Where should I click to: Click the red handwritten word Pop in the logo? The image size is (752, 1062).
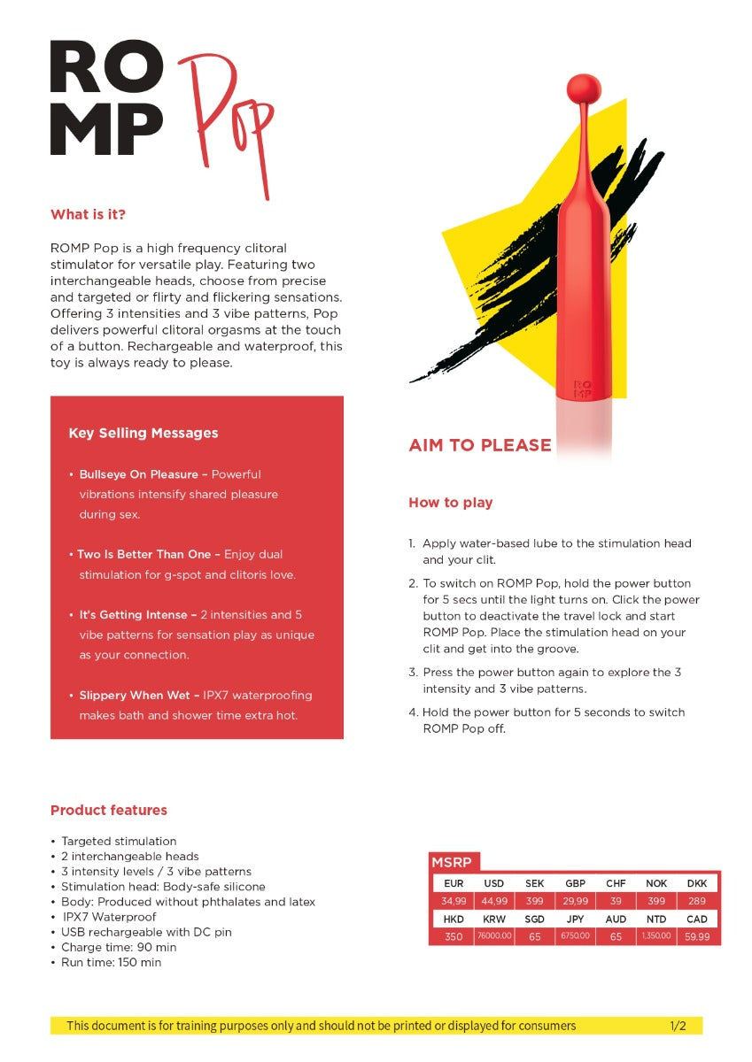pyautogui.click(x=226, y=124)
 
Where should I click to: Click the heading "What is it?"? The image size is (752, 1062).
pyautogui.click(x=88, y=215)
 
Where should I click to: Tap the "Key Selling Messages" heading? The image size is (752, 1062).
pyautogui.click(x=143, y=433)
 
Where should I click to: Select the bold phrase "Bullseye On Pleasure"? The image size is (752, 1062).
pyautogui.click(x=138, y=474)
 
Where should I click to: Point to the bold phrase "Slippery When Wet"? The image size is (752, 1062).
pyautogui.click(x=133, y=696)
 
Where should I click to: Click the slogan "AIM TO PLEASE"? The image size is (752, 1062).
pyautogui.click(x=480, y=445)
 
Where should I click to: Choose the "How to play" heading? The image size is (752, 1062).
pyautogui.click(x=450, y=503)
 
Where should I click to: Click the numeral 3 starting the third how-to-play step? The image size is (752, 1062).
pyautogui.click(x=413, y=673)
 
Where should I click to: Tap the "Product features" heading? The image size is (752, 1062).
pyautogui.click(x=109, y=810)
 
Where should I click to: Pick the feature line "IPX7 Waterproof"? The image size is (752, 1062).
pyautogui.click(x=109, y=917)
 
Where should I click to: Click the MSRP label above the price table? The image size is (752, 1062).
pyautogui.click(x=451, y=862)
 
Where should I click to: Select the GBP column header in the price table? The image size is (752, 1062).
pyautogui.click(x=575, y=883)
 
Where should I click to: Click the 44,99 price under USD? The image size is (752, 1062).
pyautogui.click(x=494, y=901)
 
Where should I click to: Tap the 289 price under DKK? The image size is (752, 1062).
pyautogui.click(x=697, y=901)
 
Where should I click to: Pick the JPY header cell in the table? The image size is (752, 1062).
pyautogui.click(x=575, y=920)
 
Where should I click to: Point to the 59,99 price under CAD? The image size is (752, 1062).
pyautogui.click(x=697, y=936)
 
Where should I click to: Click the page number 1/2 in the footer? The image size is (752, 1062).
pyautogui.click(x=678, y=1026)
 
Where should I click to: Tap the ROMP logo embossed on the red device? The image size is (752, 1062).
pyautogui.click(x=583, y=389)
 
